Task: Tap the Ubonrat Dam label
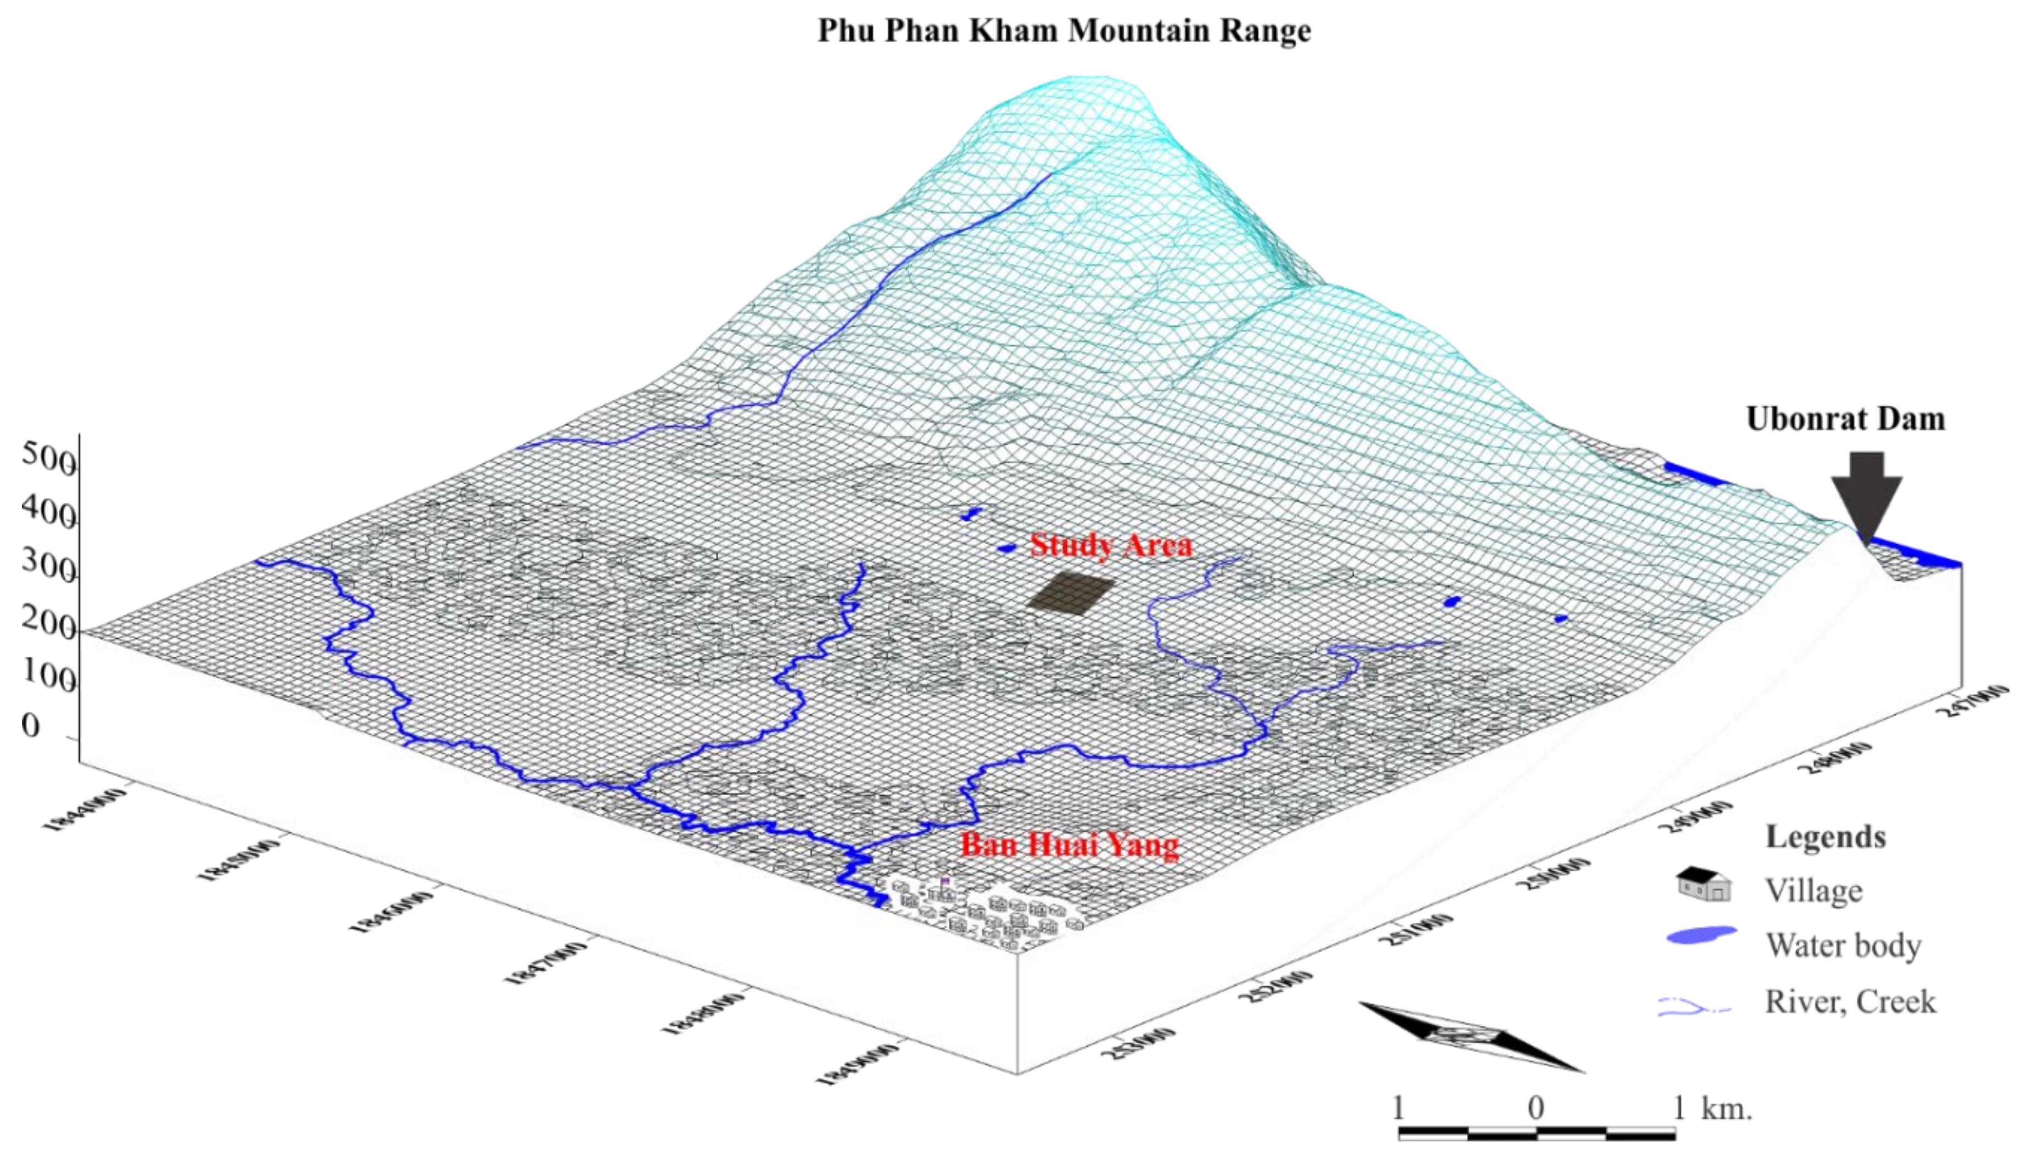[x=1845, y=419]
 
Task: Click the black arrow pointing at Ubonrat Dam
[x=1866, y=495]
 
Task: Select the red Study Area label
[x=1111, y=545]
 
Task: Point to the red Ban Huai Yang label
[x=1069, y=845]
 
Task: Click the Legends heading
[x=1825, y=836]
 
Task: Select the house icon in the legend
[x=1703, y=884]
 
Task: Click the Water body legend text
[x=1843, y=945]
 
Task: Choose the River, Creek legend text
[x=1850, y=1002]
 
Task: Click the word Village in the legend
[x=1813, y=890]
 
